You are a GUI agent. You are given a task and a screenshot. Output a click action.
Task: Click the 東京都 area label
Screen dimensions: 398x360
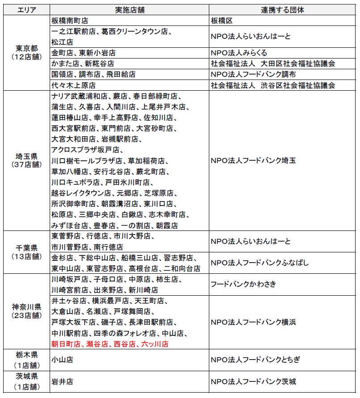coord(26,49)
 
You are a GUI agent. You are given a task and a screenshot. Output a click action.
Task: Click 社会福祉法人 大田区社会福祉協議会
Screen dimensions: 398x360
coord(273,63)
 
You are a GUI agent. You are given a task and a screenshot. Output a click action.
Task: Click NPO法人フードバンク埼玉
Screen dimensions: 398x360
coord(253,161)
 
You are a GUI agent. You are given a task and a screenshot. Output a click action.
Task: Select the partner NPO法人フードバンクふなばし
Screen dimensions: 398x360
coord(259,263)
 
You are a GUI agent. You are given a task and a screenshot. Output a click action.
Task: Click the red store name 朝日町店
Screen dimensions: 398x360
coord(66,344)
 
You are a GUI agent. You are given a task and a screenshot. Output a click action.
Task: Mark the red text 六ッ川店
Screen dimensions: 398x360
coord(155,344)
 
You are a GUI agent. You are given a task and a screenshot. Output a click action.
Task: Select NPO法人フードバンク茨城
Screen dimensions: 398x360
coord(253,382)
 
